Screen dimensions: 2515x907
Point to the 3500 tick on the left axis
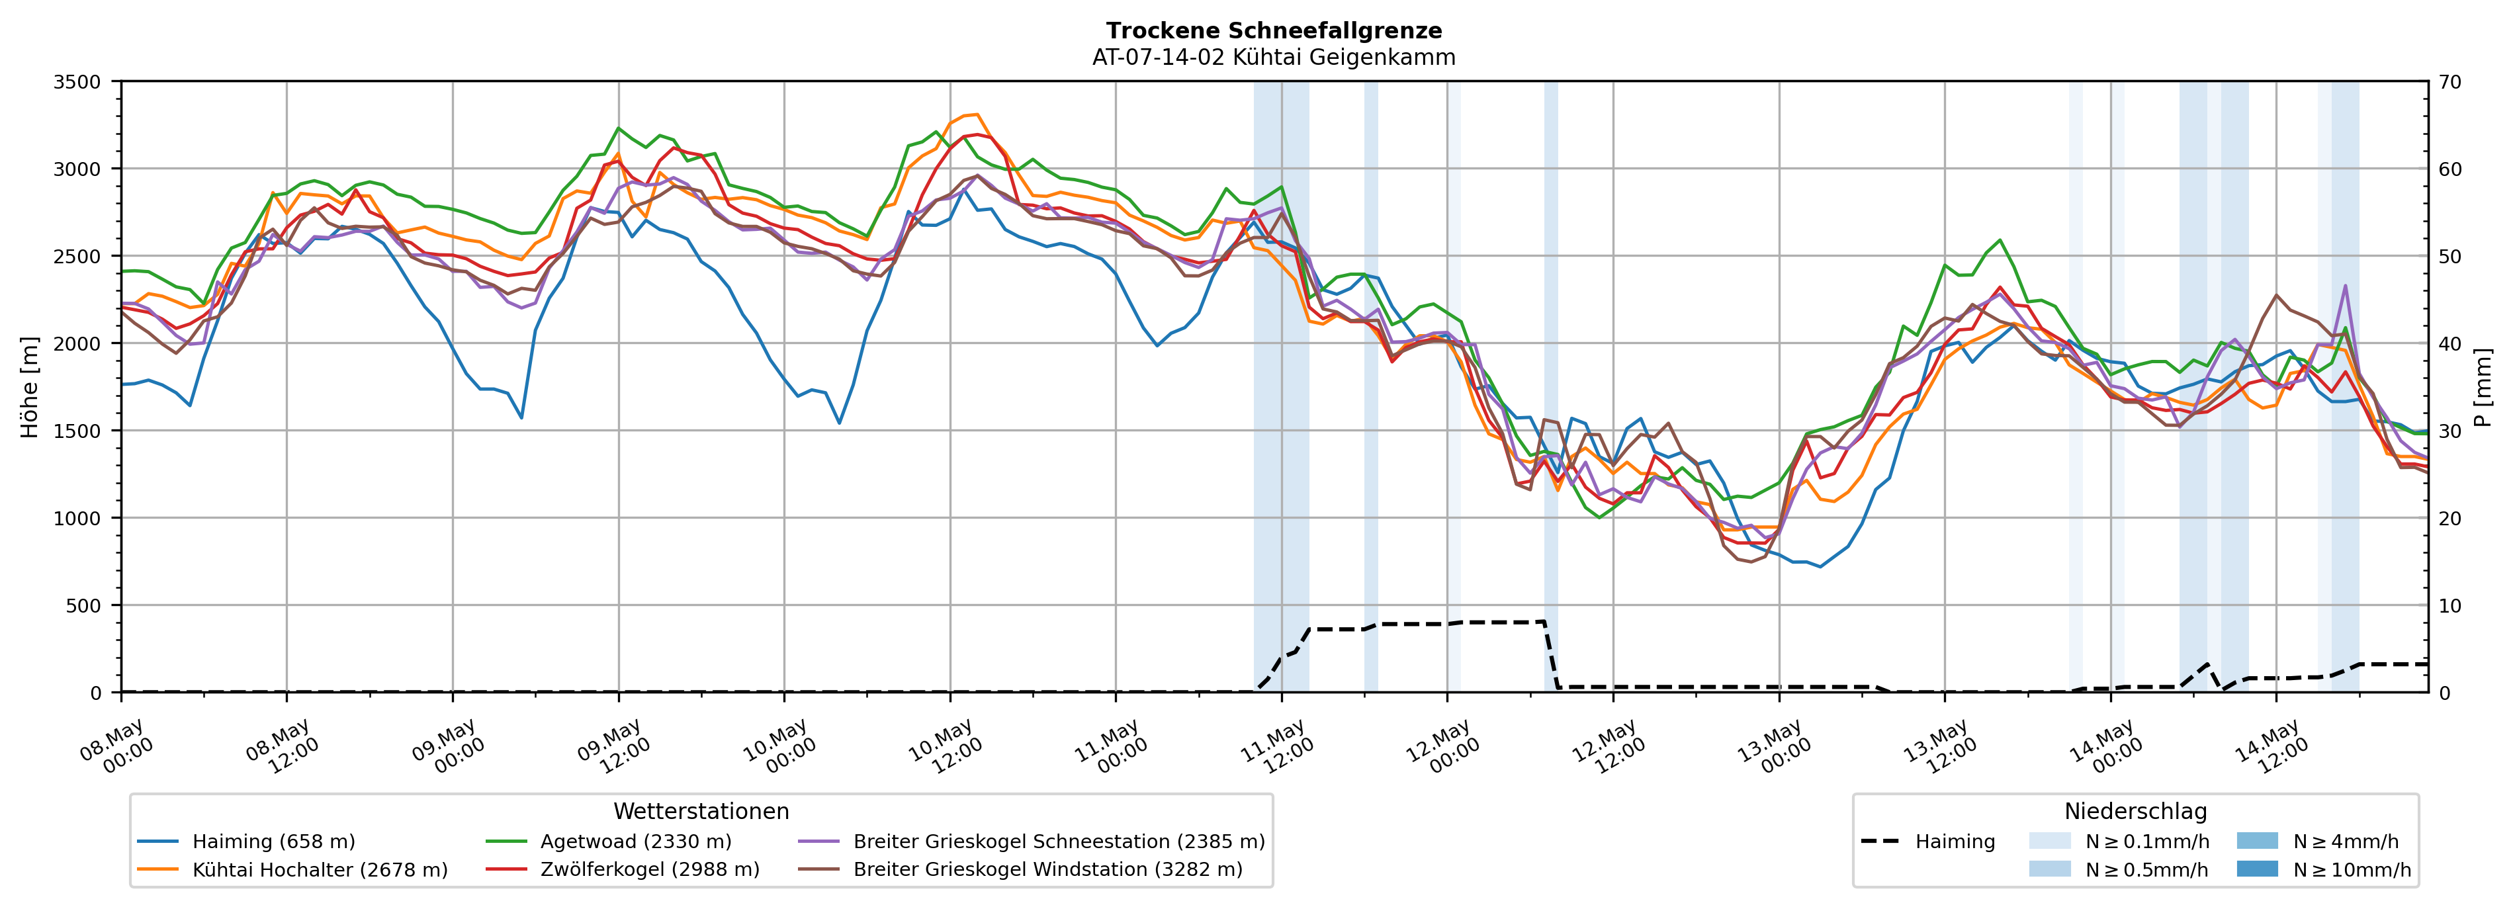(77, 82)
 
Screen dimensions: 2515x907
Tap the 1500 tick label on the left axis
(77, 431)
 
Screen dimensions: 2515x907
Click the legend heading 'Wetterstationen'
(701, 811)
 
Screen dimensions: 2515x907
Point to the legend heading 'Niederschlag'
(2135, 811)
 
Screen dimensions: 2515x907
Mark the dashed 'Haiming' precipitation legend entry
(1928, 842)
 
